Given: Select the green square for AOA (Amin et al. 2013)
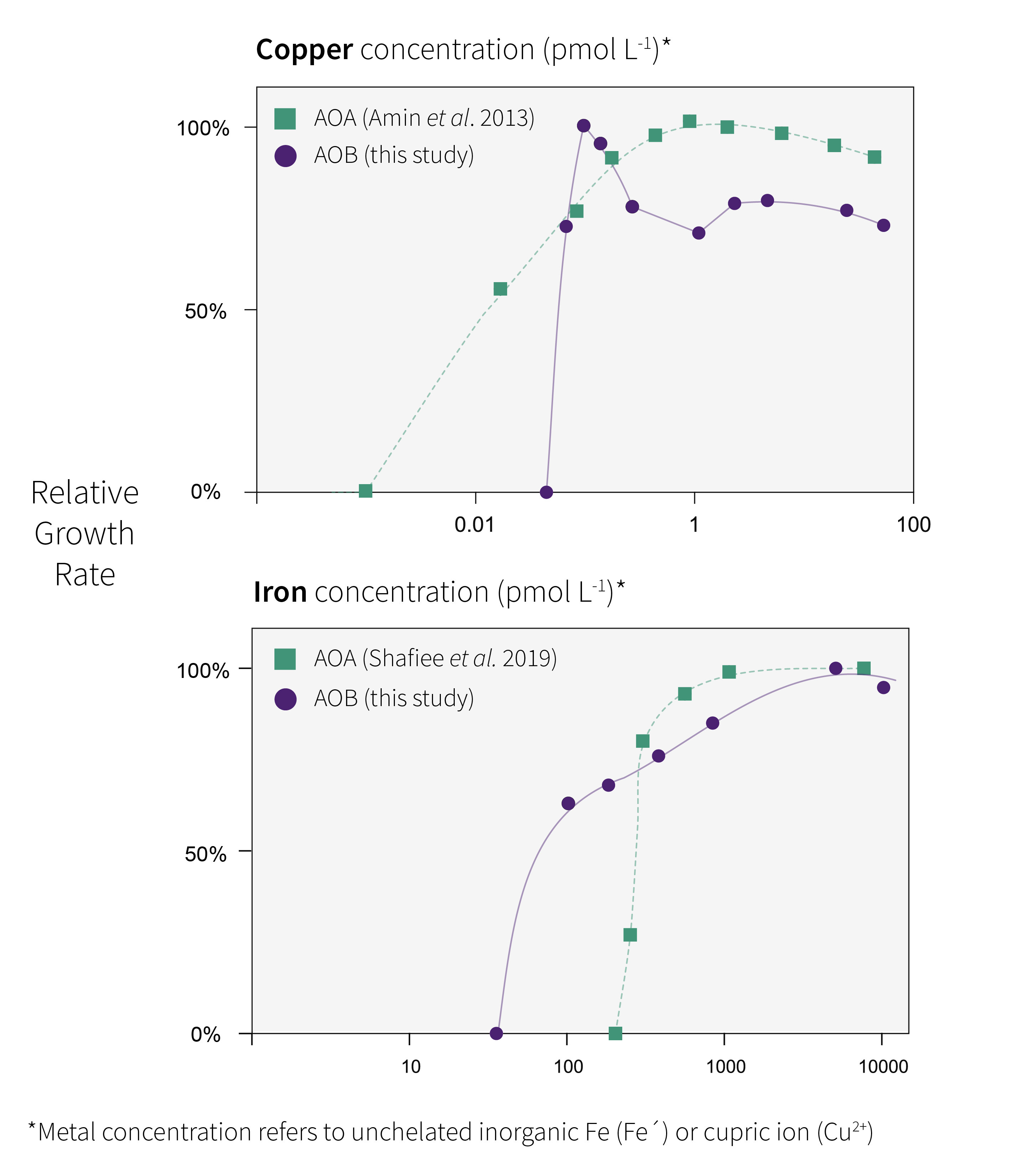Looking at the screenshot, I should coord(285,119).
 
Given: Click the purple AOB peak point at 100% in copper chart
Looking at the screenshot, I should coord(584,126).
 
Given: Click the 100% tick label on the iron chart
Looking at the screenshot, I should coord(203,670).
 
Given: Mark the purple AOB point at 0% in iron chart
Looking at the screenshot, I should coord(496,1033).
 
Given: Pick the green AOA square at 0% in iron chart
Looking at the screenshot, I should coord(615,1033).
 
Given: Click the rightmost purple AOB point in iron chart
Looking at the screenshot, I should coord(883,687).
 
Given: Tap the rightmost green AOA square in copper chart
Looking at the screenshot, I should coord(874,157).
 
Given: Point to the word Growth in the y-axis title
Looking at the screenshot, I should coord(84,534).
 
